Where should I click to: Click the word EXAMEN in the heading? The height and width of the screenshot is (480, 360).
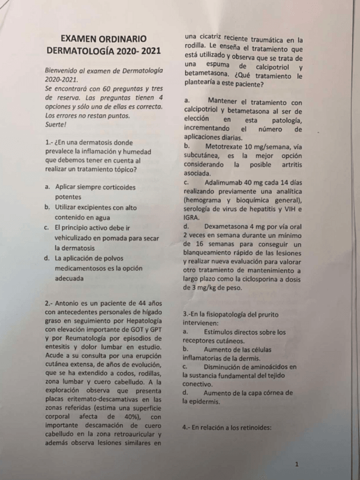click(x=83, y=39)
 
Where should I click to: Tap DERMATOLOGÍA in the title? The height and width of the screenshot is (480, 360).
click(x=85, y=51)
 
